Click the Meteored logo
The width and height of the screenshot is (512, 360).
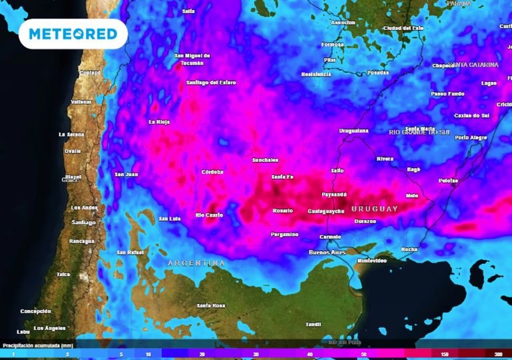[73, 34]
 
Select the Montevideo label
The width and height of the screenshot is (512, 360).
[372, 261]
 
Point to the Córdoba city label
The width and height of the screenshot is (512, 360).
[212, 172]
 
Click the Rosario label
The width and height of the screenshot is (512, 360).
[283, 211]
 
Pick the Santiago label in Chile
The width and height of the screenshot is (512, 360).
[83, 222]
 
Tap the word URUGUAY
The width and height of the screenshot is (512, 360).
[374, 209]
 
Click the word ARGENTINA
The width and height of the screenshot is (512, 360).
[196, 263]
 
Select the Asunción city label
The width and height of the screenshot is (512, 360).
[343, 23]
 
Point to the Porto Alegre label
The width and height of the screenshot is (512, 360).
[471, 137]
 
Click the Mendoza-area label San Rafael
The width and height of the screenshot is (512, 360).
[130, 253]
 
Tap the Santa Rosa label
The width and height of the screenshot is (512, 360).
[211, 305]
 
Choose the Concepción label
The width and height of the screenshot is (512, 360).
[35, 311]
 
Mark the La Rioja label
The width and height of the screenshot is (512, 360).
[160, 122]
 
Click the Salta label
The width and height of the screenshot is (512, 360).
[189, 11]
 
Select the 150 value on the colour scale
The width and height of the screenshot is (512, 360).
[445, 354]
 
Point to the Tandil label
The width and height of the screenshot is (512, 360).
[313, 324]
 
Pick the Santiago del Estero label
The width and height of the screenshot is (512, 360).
[211, 83]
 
